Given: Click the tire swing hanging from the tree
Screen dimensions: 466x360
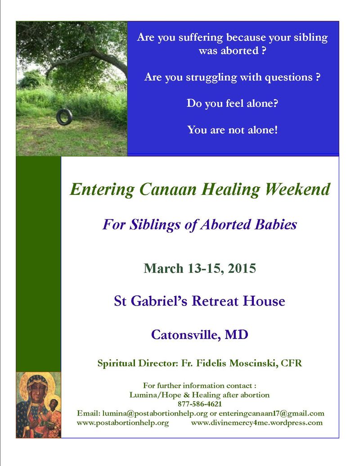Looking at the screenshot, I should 64,117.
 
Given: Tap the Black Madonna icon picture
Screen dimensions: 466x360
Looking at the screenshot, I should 38,405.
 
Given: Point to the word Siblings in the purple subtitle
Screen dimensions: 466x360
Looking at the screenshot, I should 157,224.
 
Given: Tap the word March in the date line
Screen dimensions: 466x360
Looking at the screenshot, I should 164,269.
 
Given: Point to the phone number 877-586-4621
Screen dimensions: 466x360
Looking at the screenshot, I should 200,404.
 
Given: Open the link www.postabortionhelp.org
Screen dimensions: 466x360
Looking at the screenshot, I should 123,423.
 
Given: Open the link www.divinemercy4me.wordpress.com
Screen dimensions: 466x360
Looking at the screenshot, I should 257,423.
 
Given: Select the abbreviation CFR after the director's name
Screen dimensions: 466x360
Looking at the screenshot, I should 291,363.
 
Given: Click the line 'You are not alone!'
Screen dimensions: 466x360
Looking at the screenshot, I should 232,130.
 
